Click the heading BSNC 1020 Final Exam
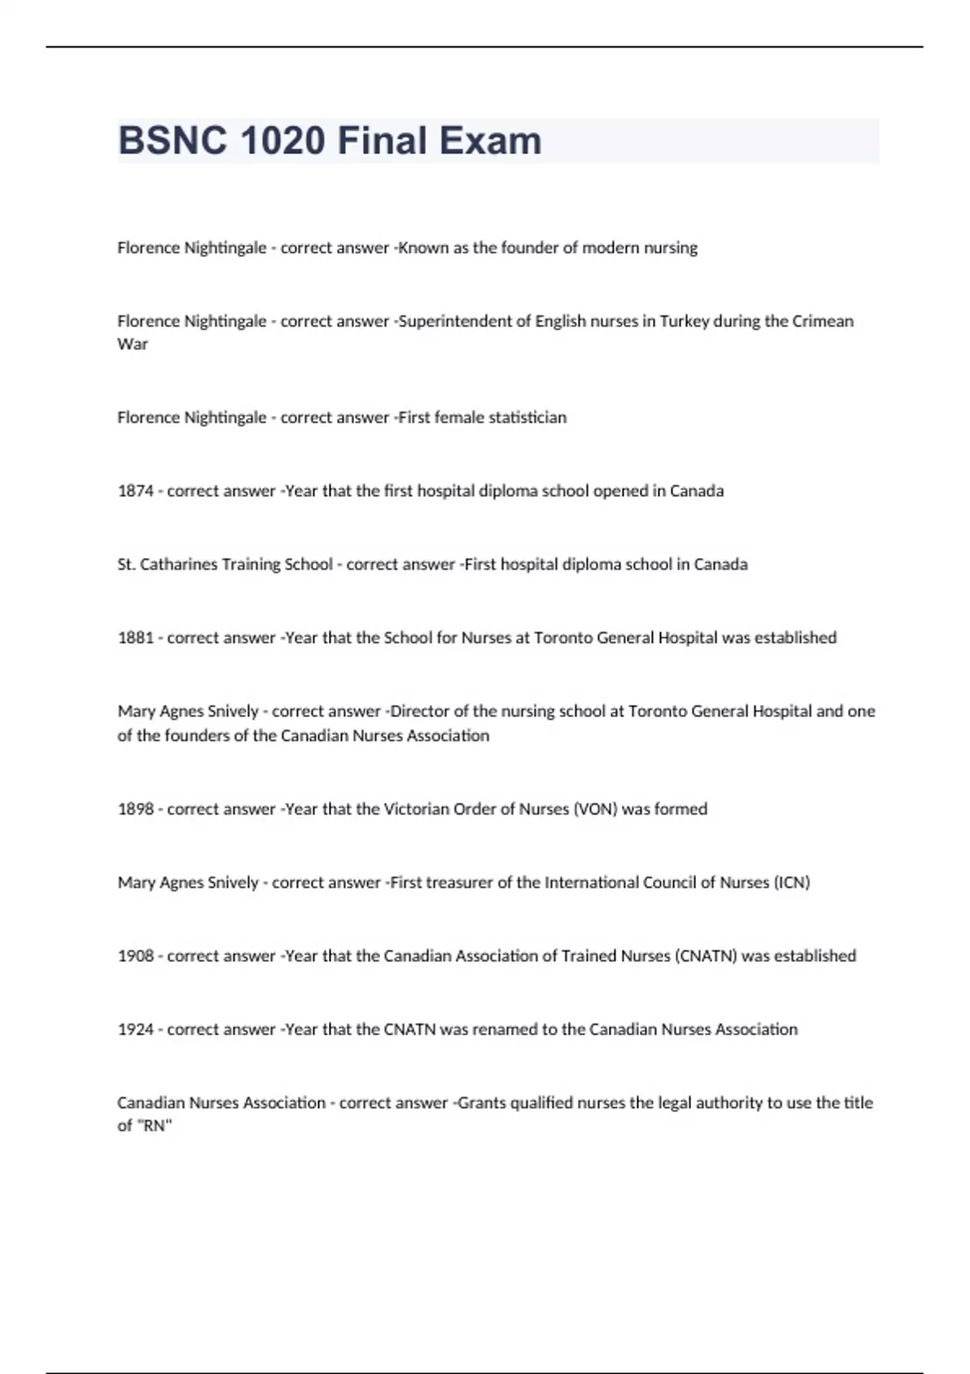click(x=330, y=141)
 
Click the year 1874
click(x=135, y=491)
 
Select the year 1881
click(x=135, y=638)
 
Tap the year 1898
click(x=135, y=809)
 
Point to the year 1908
click(x=135, y=956)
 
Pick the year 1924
click(x=135, y=1030)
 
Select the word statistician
click(x=523, y=418)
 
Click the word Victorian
click(x=415, y=809)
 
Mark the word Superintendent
click(x=456, y=321)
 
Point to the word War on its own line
click(x=133, y=344)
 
